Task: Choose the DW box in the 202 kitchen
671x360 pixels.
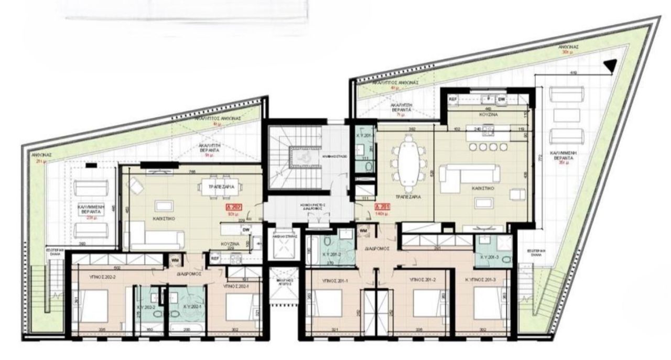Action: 245,228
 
